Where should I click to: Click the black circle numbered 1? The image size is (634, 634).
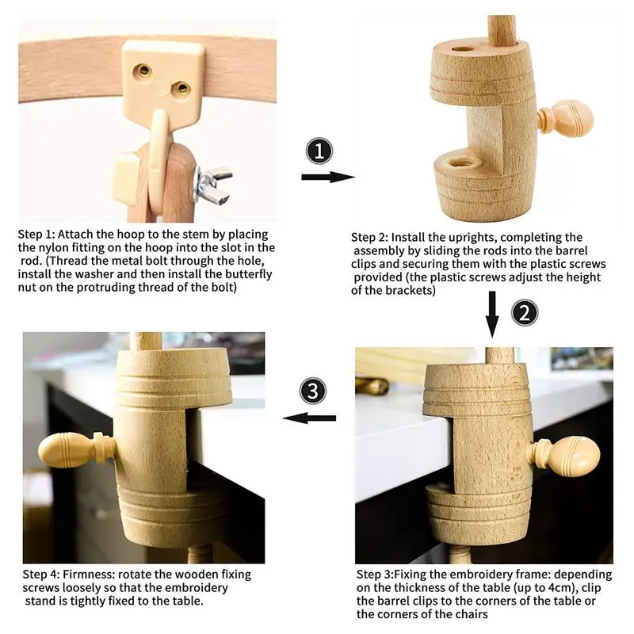click(x=319, y=151)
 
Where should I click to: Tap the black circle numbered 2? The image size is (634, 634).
click(x=525, y=313)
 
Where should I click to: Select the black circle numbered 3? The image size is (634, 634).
click(x=312, y=391)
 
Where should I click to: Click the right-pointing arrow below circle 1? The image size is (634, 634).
click(x=328, y=177)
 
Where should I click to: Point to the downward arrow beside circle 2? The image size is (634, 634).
click(x=492, y=314)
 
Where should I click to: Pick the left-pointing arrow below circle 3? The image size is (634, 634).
click(x=309, y=418)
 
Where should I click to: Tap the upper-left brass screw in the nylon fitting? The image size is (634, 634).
click(x=143, y=70)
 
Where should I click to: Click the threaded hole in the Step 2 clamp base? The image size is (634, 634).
click(x=459, y=163)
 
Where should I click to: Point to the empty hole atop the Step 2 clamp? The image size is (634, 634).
click(x=463, y=49)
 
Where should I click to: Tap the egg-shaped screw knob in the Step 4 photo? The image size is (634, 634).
click(x=76, y=449)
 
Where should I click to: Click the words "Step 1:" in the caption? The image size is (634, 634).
click(x=36, y=235)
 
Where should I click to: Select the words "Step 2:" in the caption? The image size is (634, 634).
click(x=369, y=237)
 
